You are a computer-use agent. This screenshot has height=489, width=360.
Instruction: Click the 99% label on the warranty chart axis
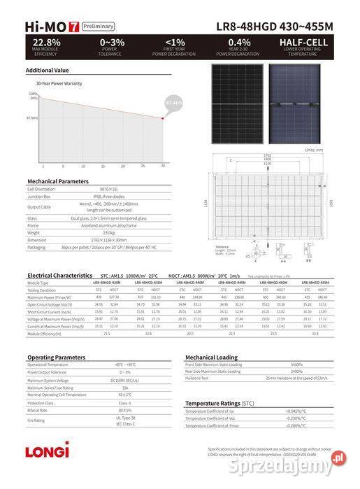point(34,98)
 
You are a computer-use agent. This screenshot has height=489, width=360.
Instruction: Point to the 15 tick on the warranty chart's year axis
point(103,166)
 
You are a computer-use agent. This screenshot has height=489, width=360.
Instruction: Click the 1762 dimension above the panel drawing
point(267,155)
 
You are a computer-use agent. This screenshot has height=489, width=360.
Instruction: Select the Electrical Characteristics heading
point(59,276)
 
